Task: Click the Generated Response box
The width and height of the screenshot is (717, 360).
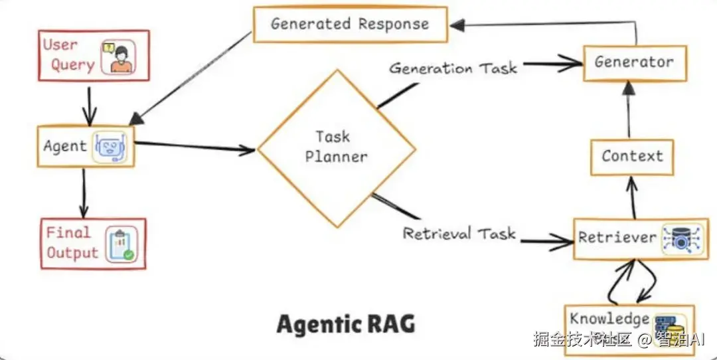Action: [351, 25]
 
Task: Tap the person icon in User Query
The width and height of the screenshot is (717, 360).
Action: [118, 56]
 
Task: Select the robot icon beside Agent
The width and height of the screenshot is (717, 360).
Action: [109, 147]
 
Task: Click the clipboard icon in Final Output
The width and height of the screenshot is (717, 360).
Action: [121, 244]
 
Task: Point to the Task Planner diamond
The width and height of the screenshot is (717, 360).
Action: [337, 148]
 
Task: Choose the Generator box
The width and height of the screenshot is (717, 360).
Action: [635, 63]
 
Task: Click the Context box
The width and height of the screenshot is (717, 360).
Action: [632, 157]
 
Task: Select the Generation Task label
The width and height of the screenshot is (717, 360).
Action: [453, 68]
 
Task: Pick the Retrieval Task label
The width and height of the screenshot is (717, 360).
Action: [459, 233]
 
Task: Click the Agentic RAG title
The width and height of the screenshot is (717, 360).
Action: [346, 324]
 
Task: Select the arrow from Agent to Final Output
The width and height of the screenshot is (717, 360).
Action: [84, 192]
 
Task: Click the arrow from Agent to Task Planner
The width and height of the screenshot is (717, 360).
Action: [195, 146]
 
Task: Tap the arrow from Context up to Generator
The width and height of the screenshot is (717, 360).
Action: [629, 110]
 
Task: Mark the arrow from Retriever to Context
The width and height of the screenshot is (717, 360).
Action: [633, 198]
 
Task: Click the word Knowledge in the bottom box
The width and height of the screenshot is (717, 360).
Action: [609, 319]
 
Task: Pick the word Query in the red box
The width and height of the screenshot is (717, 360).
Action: [72, 65]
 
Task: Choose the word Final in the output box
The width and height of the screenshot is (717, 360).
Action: [68, 232]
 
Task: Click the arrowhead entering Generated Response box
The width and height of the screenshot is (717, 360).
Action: [457, 25]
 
